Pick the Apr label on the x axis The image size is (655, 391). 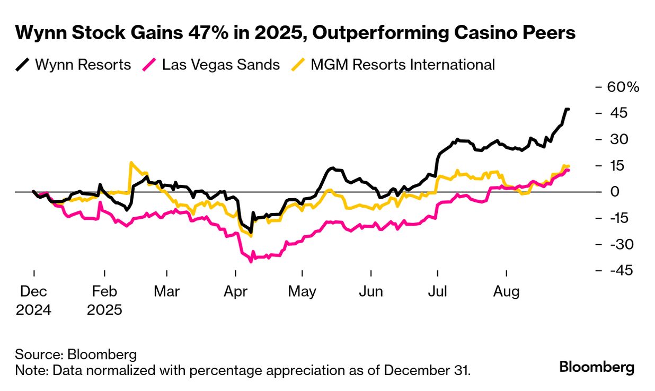pos(235,291)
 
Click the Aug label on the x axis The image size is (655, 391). pos(507,291)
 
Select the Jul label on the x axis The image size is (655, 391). pos(438,291)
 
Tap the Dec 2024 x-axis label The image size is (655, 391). pos(33,300)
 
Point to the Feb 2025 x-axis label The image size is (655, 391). pos(105,300)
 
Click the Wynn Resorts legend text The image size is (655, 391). pos(83,65)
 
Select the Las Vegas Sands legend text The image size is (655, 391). pos(221,65)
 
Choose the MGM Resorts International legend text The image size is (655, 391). pos(403,65)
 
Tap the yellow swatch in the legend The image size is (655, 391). pos(299,65)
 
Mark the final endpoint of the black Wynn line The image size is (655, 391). pos(569,109)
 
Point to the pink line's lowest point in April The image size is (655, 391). pos(251,261)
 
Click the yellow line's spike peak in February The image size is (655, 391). pos(131,163)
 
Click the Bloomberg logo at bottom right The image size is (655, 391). pos(597,367)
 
